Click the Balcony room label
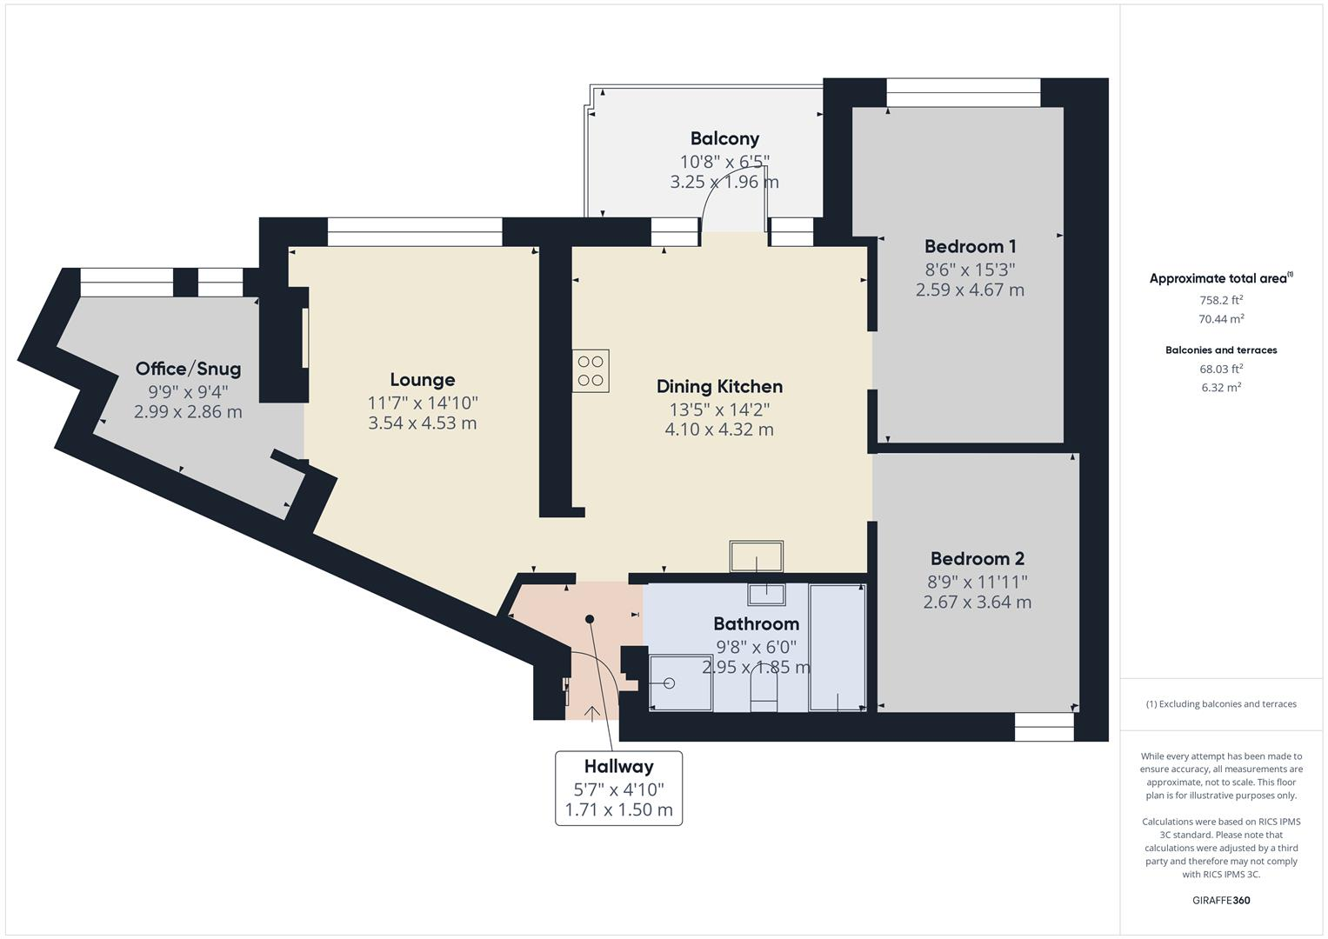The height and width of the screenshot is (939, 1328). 724,138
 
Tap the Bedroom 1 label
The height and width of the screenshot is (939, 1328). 970,246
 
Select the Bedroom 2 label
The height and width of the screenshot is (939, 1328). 977,559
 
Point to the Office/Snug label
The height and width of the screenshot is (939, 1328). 188,369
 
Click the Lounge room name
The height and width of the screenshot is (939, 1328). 422,380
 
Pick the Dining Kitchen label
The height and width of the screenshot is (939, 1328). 719,387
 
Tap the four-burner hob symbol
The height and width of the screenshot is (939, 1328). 591,371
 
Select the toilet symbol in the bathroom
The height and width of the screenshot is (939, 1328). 764,692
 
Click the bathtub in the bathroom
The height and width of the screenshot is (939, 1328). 837,648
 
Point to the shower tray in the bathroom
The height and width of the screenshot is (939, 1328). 680,683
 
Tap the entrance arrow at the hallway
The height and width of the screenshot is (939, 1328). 592,714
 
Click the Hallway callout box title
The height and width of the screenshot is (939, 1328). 618,767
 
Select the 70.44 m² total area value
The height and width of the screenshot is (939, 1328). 1221,319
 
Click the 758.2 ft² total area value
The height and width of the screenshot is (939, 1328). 1221,300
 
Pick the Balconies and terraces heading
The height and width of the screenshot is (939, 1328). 1221,350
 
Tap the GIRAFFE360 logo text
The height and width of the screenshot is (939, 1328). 1221,900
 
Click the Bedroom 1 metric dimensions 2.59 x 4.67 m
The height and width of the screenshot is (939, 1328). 970,290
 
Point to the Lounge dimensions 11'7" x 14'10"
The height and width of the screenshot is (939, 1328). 422,403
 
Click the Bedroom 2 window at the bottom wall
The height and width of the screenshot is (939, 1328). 1044,727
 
